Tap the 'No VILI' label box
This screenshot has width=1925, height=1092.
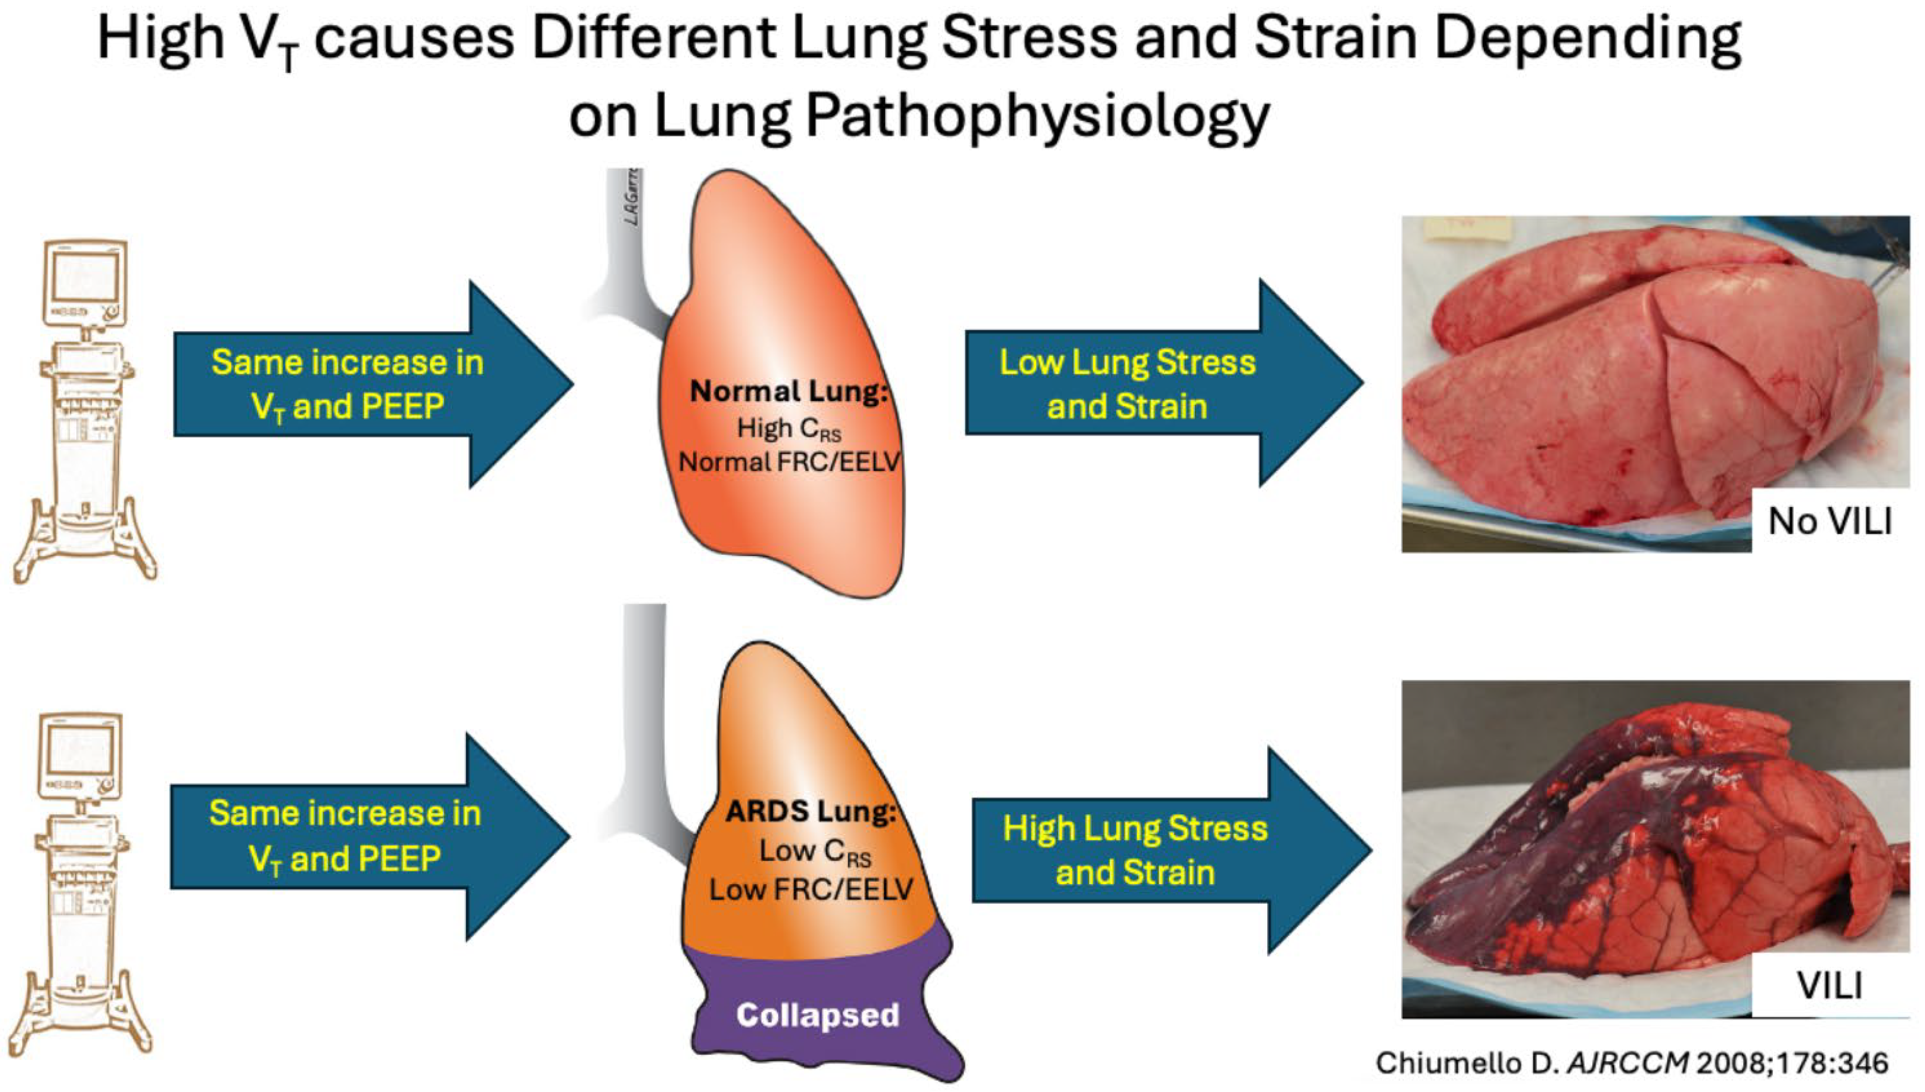click(1830, 521)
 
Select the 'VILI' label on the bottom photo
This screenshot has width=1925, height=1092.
click(1830, 985)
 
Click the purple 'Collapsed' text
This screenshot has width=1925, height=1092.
click(817, 1015)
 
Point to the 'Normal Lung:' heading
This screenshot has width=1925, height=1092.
click(788, 391)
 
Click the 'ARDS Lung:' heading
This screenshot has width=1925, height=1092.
click(810, 811)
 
